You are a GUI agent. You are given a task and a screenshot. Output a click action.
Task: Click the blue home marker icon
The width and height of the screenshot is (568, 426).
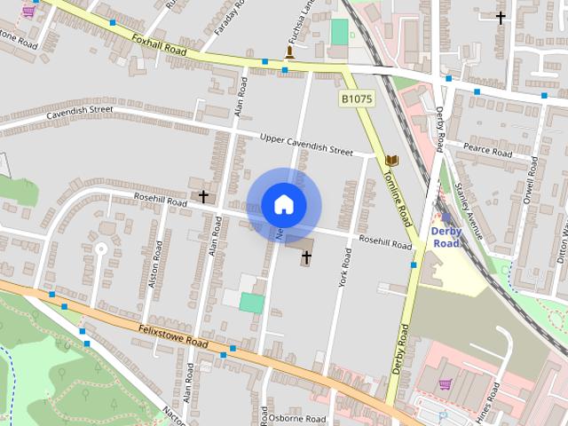[x=283, y=204]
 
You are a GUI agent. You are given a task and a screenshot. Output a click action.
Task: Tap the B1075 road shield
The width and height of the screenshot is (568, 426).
[x=356, y=99]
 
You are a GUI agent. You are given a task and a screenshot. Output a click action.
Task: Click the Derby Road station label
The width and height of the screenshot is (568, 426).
[x=446, y=237]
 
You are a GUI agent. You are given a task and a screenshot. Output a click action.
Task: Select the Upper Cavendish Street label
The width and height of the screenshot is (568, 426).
[x=306, y=145]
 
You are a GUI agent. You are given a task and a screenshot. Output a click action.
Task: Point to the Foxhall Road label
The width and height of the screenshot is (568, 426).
[x=159, y=45]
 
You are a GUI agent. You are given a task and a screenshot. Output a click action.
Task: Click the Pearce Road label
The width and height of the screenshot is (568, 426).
[x=487, y=150]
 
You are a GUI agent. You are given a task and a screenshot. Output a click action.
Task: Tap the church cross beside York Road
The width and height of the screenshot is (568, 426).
[x=307, y=258]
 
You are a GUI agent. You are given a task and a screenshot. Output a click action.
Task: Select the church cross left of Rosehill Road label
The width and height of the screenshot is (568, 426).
[x=204, y=195]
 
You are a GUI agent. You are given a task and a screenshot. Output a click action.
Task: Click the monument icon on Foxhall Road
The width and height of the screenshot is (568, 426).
[x=288, y=53]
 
